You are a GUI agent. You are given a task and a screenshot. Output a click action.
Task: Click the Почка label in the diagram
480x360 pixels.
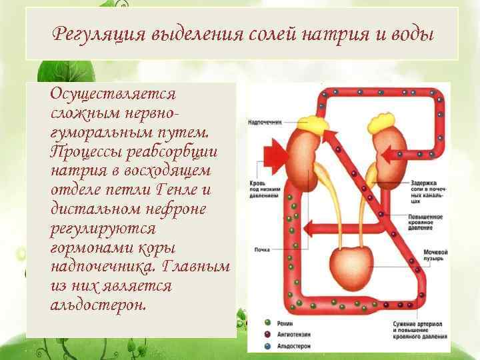262,250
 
